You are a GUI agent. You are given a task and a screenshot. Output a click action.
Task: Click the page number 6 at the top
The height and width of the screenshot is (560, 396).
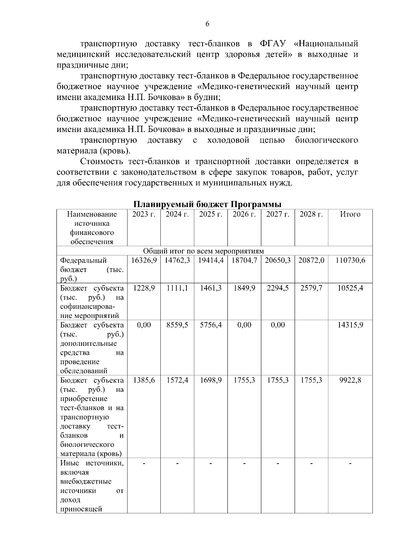[x=207, y=24]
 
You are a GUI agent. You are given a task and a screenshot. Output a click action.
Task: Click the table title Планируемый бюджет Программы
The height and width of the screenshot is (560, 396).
[x=207, y=204]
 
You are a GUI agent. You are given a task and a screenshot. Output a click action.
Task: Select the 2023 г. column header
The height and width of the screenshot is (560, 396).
[x=144, y=214]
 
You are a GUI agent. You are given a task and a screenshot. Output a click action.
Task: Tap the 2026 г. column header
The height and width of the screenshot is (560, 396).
[x=244, y=214]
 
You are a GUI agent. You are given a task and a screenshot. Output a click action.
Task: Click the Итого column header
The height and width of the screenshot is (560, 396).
[x=350, y=214]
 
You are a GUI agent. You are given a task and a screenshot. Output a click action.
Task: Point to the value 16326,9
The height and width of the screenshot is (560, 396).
[x=144, y=260]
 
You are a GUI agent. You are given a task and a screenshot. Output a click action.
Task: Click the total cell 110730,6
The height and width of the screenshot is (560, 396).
[x=350, y=260]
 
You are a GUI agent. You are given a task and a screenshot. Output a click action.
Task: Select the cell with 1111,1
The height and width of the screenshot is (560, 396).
[x=177, y=288]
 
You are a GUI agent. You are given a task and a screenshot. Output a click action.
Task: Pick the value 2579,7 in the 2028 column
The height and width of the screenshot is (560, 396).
[x=311, y=288]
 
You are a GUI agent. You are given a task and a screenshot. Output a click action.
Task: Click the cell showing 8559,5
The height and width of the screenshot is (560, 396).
[x=177, y=325]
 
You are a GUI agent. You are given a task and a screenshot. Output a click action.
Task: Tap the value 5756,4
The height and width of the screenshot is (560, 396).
[x=211, y=325]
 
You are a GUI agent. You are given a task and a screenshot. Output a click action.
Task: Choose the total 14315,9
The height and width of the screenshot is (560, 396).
[x=350, y=325]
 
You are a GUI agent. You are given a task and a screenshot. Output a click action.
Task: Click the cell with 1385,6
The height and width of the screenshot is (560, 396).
[x=144, y=380]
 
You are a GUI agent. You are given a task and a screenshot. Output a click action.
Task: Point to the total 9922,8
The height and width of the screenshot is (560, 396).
[x=350, y=380]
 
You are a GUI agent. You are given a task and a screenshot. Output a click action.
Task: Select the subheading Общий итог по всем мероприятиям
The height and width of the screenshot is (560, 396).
[x=204, y=251]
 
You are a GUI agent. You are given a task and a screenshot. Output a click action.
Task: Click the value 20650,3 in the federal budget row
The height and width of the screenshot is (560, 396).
[x=278, y=260]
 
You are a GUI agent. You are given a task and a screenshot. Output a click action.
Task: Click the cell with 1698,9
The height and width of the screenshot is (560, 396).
[x=211, y=380]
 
